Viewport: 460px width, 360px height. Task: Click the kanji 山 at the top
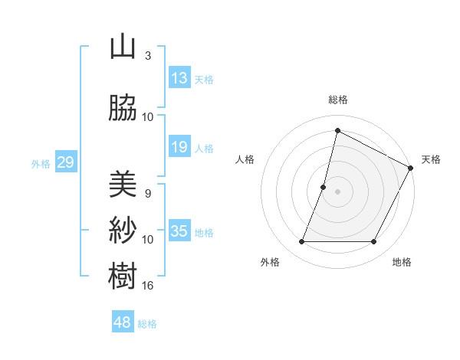[123, 47]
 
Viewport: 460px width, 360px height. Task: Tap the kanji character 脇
[123, 109]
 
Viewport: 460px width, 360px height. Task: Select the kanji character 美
[123, 184]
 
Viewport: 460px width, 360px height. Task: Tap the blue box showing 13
[179, 78]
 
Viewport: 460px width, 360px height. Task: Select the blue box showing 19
[179, 147]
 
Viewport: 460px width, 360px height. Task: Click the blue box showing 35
[179, 231]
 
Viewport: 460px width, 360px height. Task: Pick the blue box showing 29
[65, 162]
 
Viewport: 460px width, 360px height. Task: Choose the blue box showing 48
[123, 322]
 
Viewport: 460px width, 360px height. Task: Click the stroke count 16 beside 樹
[148, 286]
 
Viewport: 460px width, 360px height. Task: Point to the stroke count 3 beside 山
[147, 56]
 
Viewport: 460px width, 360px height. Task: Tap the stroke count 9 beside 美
[147, 193]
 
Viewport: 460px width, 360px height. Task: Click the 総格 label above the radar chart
[338, 100]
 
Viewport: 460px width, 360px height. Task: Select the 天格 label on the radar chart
[431, 159]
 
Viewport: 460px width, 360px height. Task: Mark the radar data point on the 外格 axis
[301, 242]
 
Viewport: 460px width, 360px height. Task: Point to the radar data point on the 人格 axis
[324, 187]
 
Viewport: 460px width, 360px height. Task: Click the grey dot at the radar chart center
[338, 191]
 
